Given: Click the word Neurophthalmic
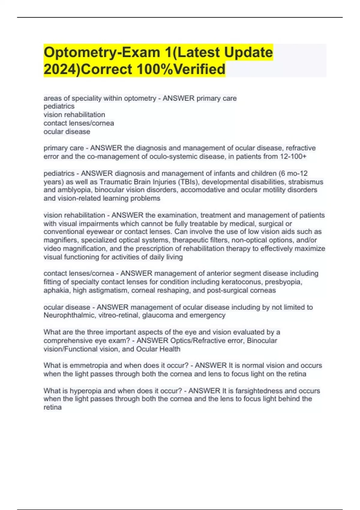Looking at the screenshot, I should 68,315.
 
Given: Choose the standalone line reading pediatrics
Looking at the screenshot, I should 59,106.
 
